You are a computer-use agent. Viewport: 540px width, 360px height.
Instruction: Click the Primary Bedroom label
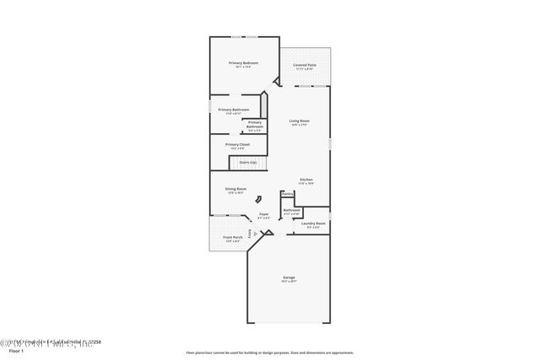(244, 64)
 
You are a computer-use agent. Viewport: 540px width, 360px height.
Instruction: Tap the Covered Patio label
(305, 66)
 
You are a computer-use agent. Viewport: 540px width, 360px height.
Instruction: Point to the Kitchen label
(306, 180)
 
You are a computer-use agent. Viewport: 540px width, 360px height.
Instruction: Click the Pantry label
(288, 194)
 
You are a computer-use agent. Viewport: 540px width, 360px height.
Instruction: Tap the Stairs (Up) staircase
(248, 162)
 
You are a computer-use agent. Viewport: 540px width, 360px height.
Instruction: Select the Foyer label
(264, 216)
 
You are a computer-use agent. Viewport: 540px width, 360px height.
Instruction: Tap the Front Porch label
(233, 238)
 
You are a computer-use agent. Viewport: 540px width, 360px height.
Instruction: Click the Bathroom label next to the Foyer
(292, 211)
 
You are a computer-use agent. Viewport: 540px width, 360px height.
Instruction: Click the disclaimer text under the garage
(270, 352)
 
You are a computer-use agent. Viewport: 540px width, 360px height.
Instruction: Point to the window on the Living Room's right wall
(330, 144)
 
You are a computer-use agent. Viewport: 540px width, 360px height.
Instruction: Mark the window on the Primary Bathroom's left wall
(209, 108)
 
